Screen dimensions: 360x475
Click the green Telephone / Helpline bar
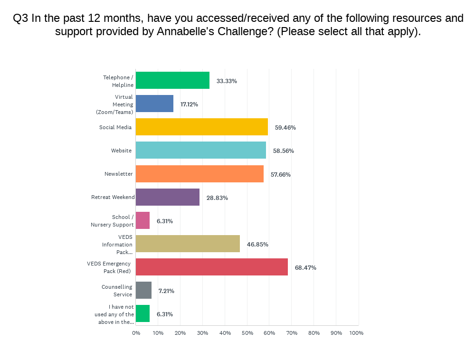tap(172, 80)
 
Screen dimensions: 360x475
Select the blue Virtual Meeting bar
tap(154, 104)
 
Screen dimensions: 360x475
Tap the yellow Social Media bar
tap(202, 127)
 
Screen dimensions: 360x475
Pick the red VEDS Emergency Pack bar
tap(212, 267)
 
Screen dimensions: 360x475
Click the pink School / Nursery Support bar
tap(142, 220)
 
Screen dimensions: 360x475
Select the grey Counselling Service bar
tap(143, 290)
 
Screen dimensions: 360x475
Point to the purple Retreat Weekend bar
tap(168, 197)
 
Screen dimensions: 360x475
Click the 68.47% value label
tap(305, 267)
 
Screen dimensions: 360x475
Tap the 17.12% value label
tap(189, 104)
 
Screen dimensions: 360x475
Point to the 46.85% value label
tap(257, 244)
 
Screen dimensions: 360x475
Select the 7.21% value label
tap(166, 291)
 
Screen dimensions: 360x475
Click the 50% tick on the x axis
tap(247, 333)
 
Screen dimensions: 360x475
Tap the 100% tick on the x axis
tap(356, 333)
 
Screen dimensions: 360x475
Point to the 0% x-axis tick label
tap(136, 333)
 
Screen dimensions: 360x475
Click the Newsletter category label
tap(119, 174)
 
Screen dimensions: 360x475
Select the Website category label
tap(121, 151)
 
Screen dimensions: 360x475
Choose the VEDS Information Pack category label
tap(117, 245)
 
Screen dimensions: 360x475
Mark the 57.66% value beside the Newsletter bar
tap(281, 174)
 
